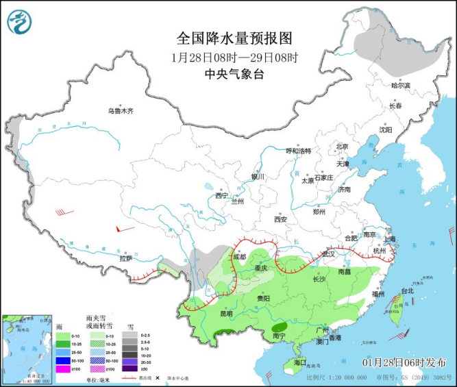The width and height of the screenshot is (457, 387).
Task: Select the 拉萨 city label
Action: click(125, 258)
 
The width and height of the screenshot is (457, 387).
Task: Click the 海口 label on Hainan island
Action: click(299, 361)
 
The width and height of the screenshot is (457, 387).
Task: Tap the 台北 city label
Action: click(408, 290)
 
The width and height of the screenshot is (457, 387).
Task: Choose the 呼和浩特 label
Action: click(298, 151)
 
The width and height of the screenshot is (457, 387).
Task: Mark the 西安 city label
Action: click(280, 219)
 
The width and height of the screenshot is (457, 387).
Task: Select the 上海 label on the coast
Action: click(390, 238)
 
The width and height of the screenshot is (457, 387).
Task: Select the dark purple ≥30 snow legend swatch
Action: click(126, 369)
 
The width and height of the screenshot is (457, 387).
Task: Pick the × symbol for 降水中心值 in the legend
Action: click(158, 377)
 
